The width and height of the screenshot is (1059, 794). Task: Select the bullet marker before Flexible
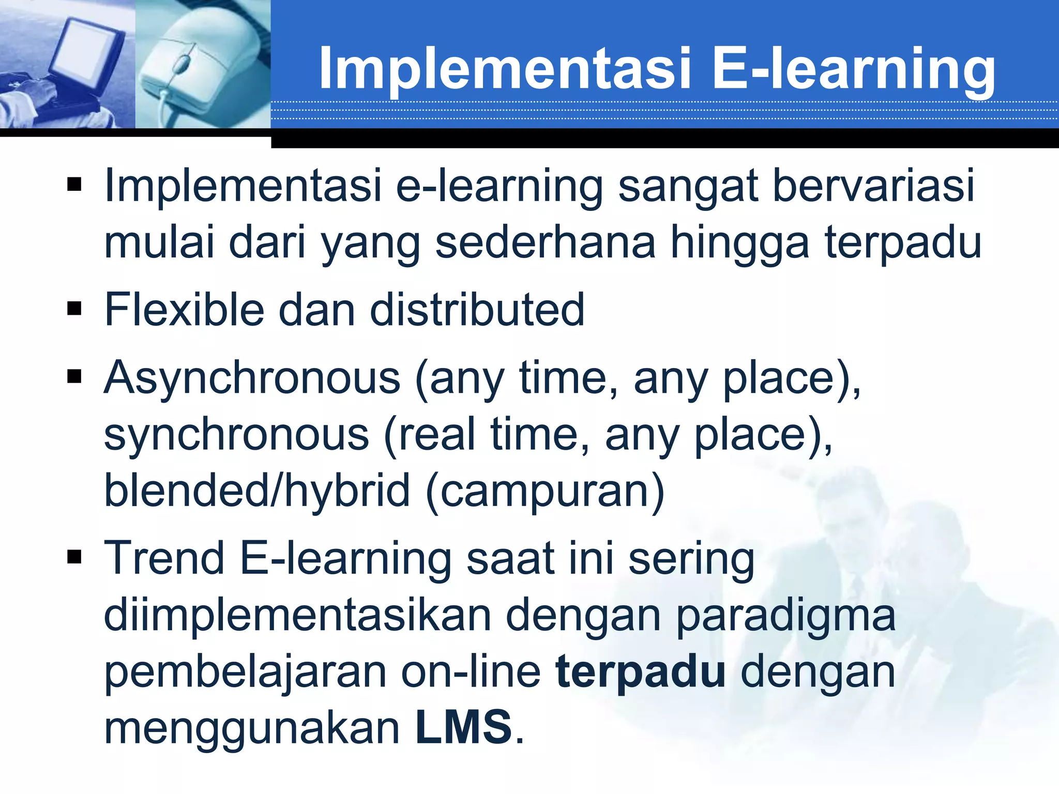(74, 309)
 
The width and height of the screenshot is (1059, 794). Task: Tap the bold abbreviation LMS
(464, 728)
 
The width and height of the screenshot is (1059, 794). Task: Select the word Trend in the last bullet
(164, 558)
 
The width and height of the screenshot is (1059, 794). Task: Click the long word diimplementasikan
(297, 615)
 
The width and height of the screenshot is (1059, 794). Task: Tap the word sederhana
(546, 242)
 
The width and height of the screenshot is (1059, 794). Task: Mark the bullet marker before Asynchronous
(74, 377)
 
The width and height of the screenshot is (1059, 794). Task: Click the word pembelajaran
(245, 672)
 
